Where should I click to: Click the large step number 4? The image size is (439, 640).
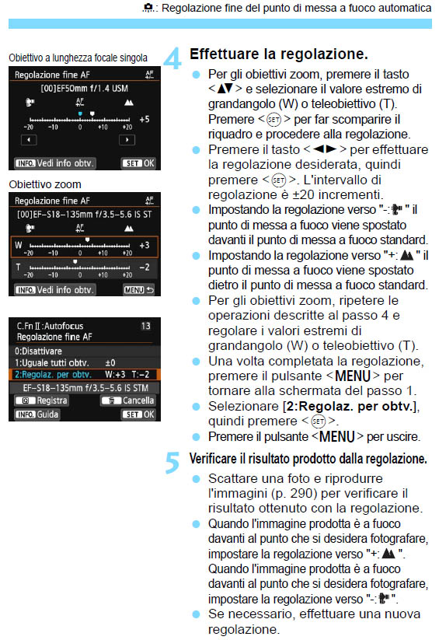174,58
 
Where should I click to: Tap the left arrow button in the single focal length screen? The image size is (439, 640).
28,139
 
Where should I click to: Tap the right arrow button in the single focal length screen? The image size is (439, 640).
125,139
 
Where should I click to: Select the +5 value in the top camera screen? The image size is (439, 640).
144,119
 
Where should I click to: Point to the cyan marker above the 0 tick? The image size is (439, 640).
79,113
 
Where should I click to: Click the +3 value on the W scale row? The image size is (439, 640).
144,245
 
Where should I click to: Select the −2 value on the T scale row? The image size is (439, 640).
144,268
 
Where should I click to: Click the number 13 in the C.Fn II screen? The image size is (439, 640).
145,326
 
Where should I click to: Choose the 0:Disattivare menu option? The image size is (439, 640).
39,351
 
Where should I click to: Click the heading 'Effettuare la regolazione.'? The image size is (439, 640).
278,55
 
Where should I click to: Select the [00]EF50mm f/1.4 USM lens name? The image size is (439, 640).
81,88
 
